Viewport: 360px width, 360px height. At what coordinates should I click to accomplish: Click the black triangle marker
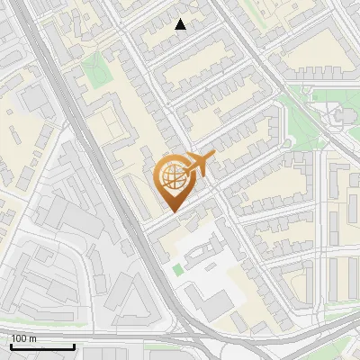pos(181,25)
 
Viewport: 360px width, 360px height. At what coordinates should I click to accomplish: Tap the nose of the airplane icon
pos(214,157)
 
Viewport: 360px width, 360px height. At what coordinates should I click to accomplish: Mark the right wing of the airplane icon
pos(200,173)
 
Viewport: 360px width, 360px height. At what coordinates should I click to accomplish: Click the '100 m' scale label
pos(23,338)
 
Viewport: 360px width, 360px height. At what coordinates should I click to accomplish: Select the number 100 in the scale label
pos(19,338)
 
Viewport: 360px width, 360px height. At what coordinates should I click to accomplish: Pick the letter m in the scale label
pos(32,338)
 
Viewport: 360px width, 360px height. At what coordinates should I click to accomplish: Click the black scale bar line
pos(42,346)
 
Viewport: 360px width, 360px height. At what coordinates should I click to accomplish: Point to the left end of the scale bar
pos(11,346)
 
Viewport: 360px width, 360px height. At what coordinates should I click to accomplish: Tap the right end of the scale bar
pos(74,346)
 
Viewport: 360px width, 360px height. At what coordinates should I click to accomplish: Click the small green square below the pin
pos(178,270)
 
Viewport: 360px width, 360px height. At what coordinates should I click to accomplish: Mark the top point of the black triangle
pos(181,20)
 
